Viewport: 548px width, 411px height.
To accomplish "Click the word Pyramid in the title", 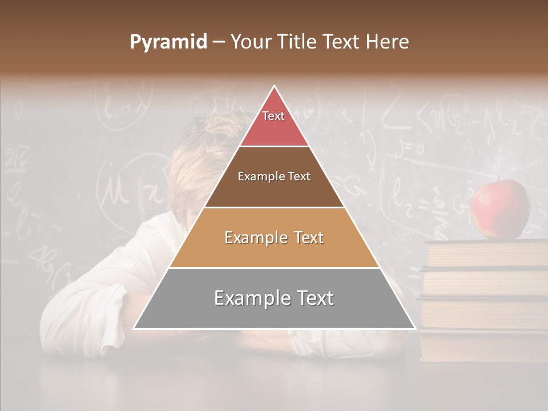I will click(x=168, y=42).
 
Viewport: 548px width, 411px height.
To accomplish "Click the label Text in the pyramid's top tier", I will click(x=273, y=116).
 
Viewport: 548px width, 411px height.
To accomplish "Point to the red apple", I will click(x=500, y=209).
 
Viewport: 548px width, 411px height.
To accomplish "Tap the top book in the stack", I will click(x=486, y=253).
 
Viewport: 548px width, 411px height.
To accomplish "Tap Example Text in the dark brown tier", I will click(x=274, y=176).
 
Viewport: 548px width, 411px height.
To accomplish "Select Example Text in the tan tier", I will click(x=274, y=237).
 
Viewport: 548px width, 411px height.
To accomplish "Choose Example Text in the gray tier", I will click(x=274, y=298).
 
